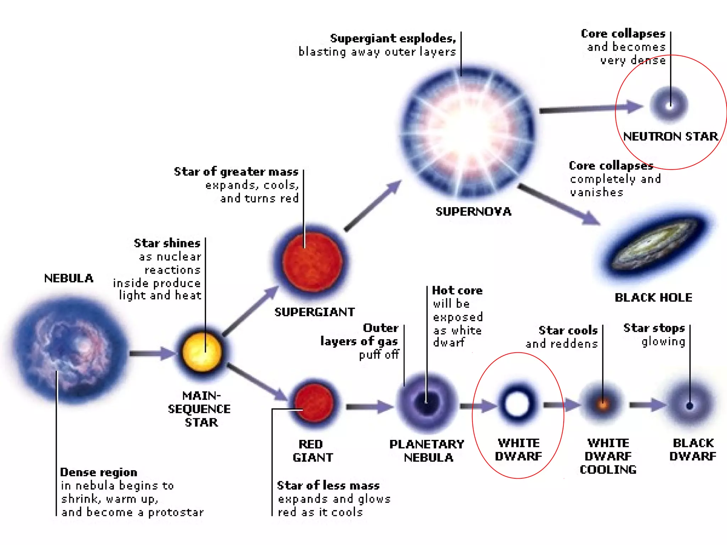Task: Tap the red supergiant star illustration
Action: pos(312,262)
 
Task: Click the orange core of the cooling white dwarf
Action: pos(602,404)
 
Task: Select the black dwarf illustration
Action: pos(690,405)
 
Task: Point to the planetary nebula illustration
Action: pos(427,403)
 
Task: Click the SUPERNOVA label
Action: pos(473,212)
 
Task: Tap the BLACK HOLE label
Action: pos(653,297)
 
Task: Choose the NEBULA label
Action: pos(69,278)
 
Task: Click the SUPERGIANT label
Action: pos(315,312)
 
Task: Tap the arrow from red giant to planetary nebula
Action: pos(369,407)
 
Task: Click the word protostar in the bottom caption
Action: pos(176,512)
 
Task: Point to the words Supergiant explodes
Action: pos(393,38)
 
